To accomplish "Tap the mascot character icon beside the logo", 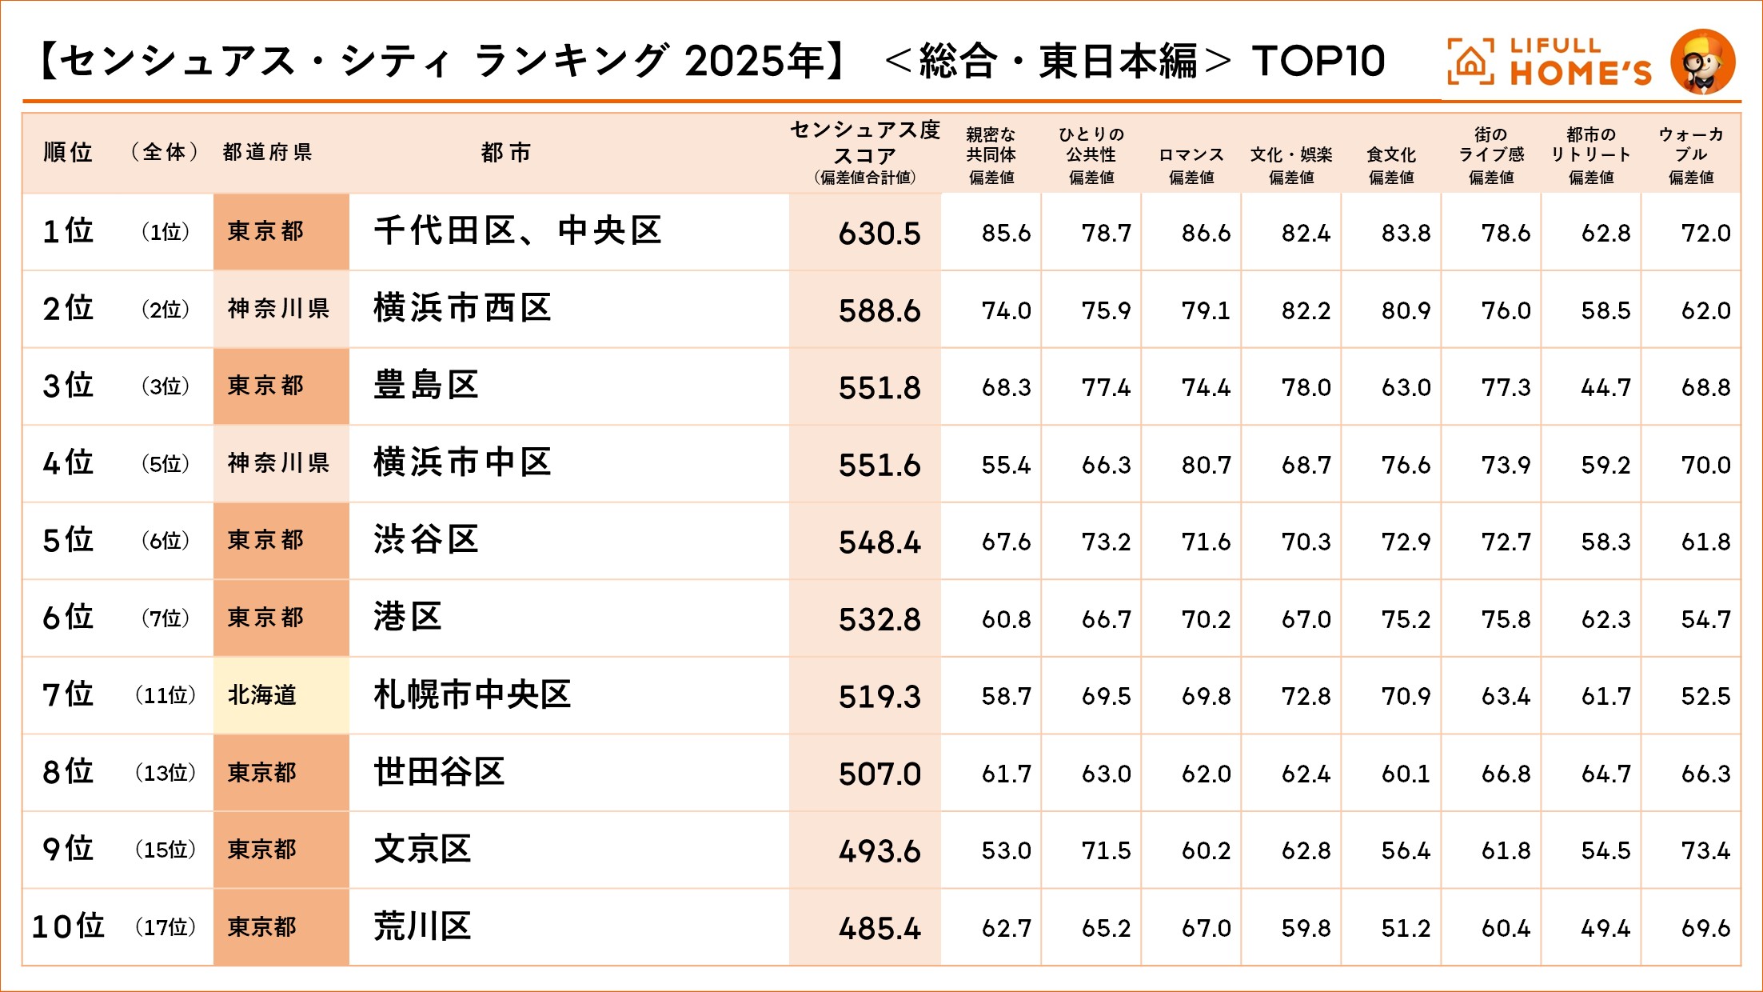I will [x=1702, y=62].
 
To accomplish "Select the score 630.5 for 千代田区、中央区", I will [x=879, y=234].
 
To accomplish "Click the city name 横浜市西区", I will [x=462, y=309].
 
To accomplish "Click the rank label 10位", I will [x=69, y=926].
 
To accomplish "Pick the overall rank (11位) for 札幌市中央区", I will [x=165, y=695].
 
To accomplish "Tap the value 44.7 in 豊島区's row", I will [x=1605, y=388].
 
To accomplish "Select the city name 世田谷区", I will [x=439, y=772].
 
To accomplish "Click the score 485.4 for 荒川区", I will [x=879, y=929].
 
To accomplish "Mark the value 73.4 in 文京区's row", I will [x=1705, y=850].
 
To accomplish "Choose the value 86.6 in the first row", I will [x=1206, y=234].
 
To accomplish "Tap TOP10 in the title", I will [x=1318, y=62].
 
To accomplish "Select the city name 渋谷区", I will [x=425, y=540].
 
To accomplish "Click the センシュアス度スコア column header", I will [x=864, y=152].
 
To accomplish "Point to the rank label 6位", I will [x=68, y=618].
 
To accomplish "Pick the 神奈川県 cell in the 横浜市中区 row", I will [x=278, y=463].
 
